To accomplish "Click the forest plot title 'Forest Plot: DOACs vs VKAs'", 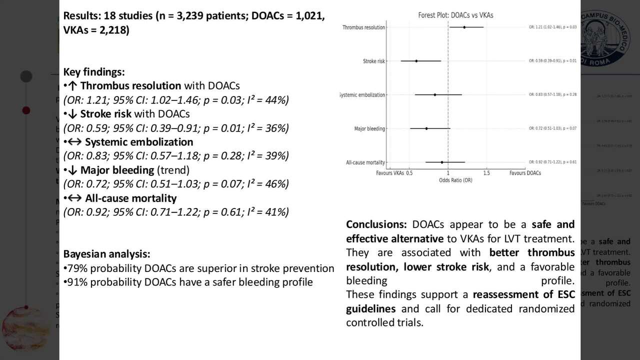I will pos(455,15).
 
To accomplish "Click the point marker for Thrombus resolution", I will pos(464,27).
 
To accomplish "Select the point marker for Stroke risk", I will pos(416,61).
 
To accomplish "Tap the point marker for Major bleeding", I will pos(426,128).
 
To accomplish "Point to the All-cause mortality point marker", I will pos(442,162).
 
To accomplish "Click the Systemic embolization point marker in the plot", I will pos(435,94).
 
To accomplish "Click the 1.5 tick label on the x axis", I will pos(486,173).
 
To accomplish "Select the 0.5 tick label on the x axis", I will pos(409,173).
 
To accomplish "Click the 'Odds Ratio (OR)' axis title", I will pos(455,180).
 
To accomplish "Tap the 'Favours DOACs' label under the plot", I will pos(525,173).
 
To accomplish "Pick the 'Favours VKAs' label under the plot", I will pos(390,173).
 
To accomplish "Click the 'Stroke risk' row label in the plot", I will pos(374,61).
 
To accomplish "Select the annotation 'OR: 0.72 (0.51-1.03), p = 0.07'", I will pos(552,128).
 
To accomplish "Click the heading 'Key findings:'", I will pos(94,72).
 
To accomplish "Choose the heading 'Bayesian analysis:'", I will pos(106,254).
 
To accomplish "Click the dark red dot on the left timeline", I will pos(26,110).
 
